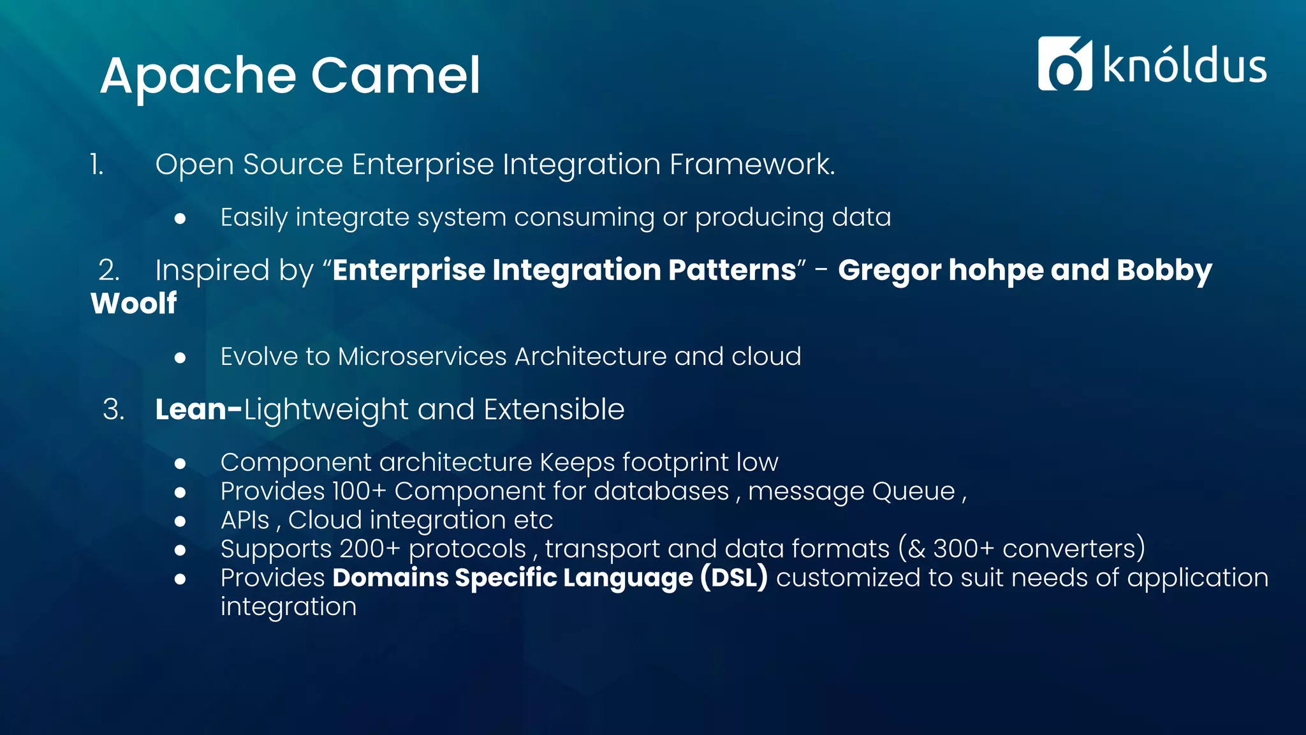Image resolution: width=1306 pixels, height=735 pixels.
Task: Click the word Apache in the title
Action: [198, 77]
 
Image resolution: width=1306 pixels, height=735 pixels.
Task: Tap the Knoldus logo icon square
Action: [1064, 64]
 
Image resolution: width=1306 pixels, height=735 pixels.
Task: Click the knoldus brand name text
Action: [1184, 66]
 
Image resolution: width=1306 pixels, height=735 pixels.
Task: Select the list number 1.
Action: [96, 165]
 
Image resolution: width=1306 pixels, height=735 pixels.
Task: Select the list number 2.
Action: [108, 270]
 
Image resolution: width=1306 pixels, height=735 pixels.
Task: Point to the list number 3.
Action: [113, 409]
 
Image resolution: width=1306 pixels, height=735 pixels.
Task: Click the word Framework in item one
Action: [751, 164]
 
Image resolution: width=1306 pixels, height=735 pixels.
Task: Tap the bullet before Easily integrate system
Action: [180, 219]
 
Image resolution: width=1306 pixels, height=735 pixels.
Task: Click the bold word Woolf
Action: [134, 303]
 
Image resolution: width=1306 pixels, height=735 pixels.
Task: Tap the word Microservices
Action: [423, 357]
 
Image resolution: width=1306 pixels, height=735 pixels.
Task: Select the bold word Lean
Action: [191, 409]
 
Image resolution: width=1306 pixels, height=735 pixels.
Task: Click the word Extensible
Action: [554, 409]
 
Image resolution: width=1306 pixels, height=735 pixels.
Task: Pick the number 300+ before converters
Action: [963, 549]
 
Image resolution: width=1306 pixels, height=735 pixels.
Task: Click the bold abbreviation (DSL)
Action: [733, 577]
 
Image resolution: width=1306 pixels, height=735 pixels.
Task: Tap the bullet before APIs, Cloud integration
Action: [180, 521]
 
